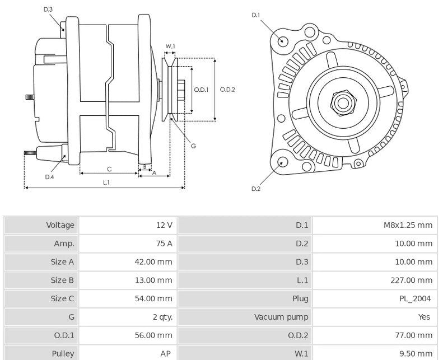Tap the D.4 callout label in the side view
[x=49, y=177]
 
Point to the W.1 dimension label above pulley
[x=170, y=46]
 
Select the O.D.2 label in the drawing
[x=227, y=89]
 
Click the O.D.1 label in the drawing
[x=201, y=89]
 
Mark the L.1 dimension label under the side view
[x=106, y=183]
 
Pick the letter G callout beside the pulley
[x=193, y=146]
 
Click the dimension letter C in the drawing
[x=109, y=169]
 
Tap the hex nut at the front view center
[x=342, y=102]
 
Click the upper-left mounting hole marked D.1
[x=283, y=41]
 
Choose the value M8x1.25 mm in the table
[x=408, y=225]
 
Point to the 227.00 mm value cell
[x=411, y=280]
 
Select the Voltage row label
[x=60, y=225]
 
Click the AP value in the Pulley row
[x=166, y=354]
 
